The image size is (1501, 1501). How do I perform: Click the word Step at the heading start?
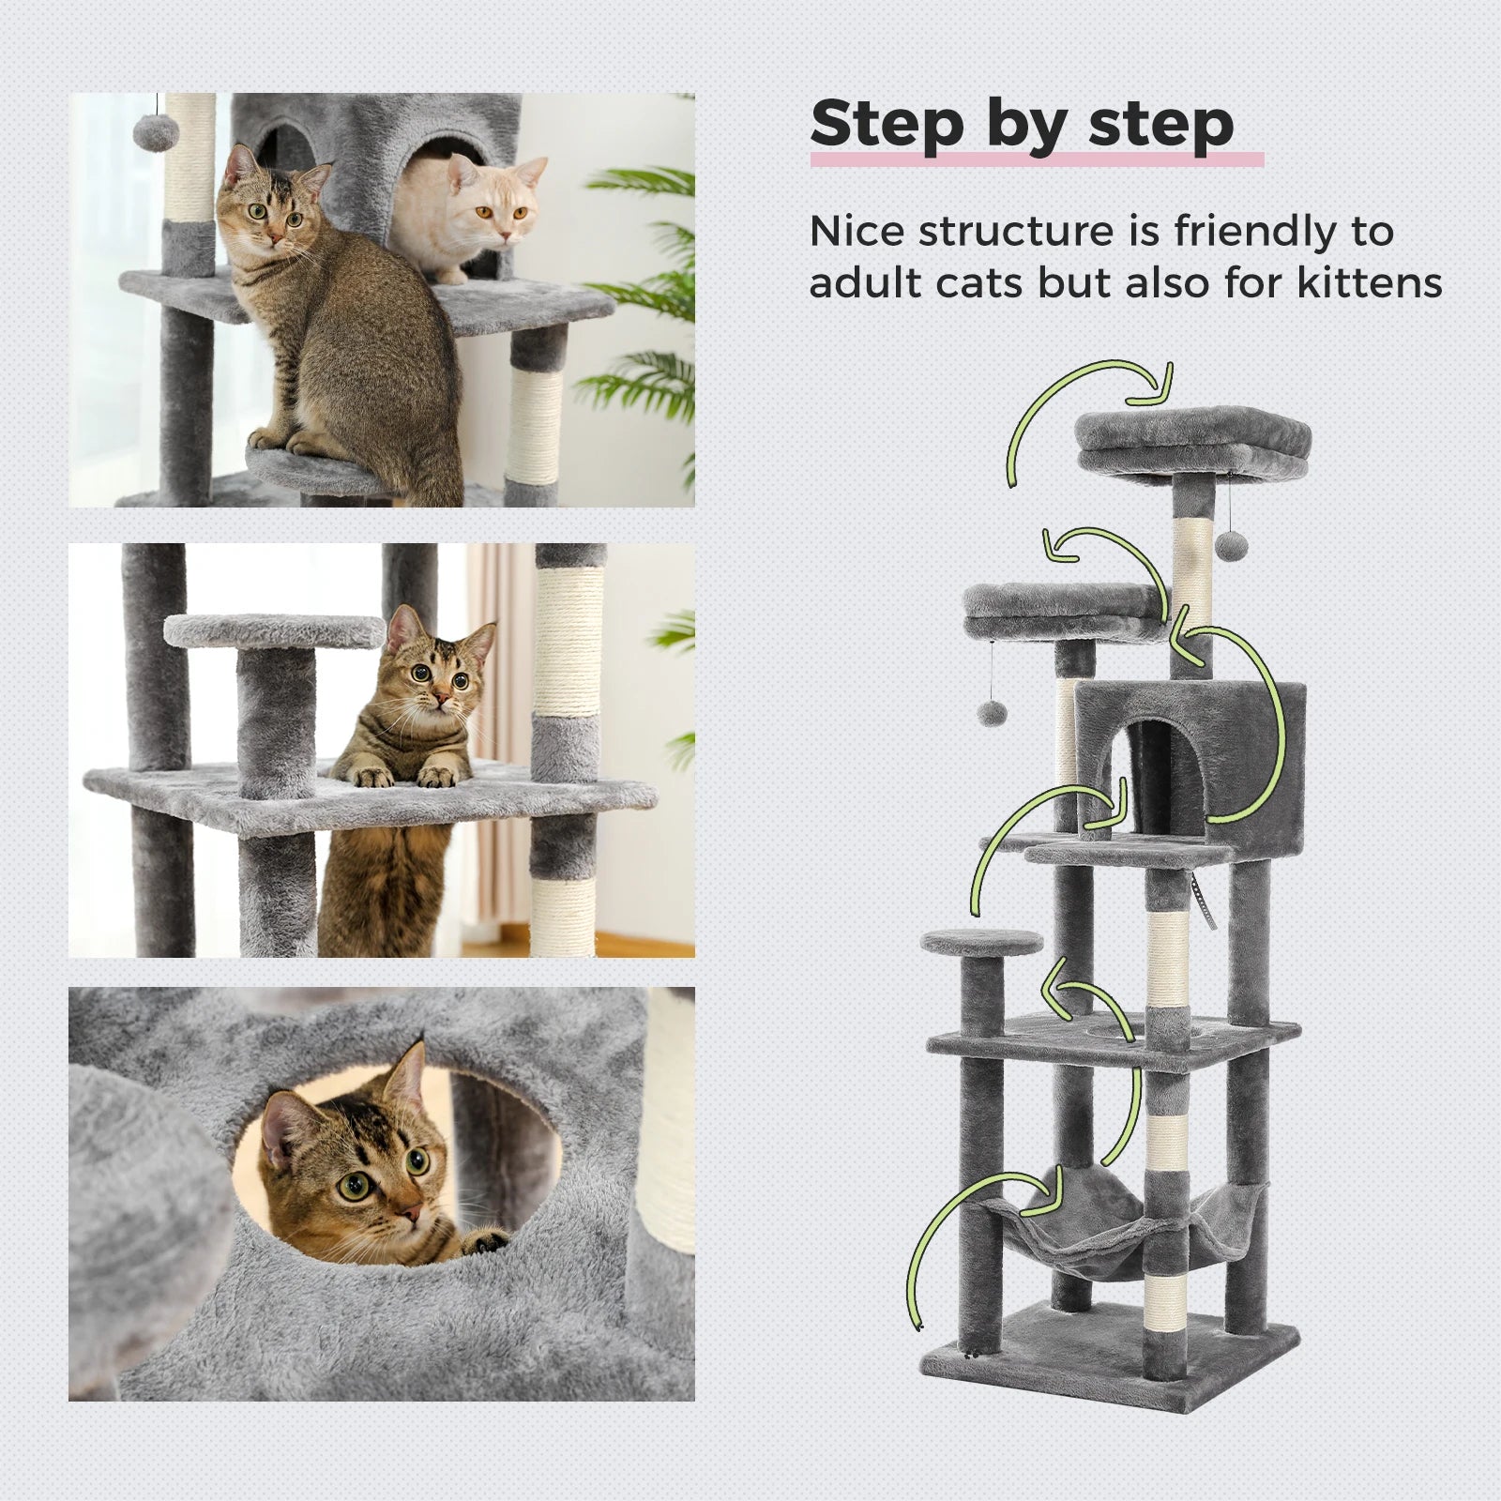pyautogui.click(x=887, y=124)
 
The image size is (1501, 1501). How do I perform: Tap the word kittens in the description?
pyautogui.click(x=1370, y=282)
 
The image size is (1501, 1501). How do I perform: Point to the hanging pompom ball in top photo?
pyautogui.click(x=155, y=131)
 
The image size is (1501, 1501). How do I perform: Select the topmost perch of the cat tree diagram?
pyautogui.click(x=1193, y=443)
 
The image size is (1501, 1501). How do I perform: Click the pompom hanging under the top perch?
pyautogui.click(x=1230, y=546)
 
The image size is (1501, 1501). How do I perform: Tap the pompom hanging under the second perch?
pyautogui.click(x=992, y=713)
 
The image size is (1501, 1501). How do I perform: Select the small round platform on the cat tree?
pyautogui.click(x=981, y=941)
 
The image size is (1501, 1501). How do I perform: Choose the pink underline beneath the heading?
pyautogui.click(x=1037, y=159)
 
